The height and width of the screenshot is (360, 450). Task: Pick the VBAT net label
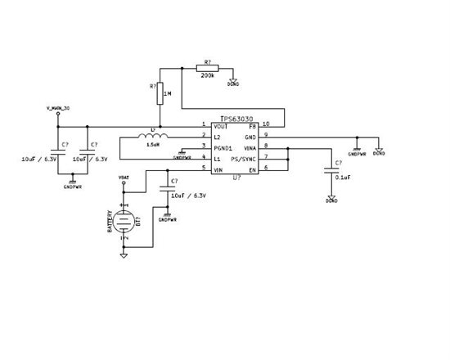pos(124,177)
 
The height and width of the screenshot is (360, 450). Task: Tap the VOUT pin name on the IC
pos(219,126)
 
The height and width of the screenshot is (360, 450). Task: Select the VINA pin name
pos(251,147)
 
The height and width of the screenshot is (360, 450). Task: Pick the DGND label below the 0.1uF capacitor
pos(331,200)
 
